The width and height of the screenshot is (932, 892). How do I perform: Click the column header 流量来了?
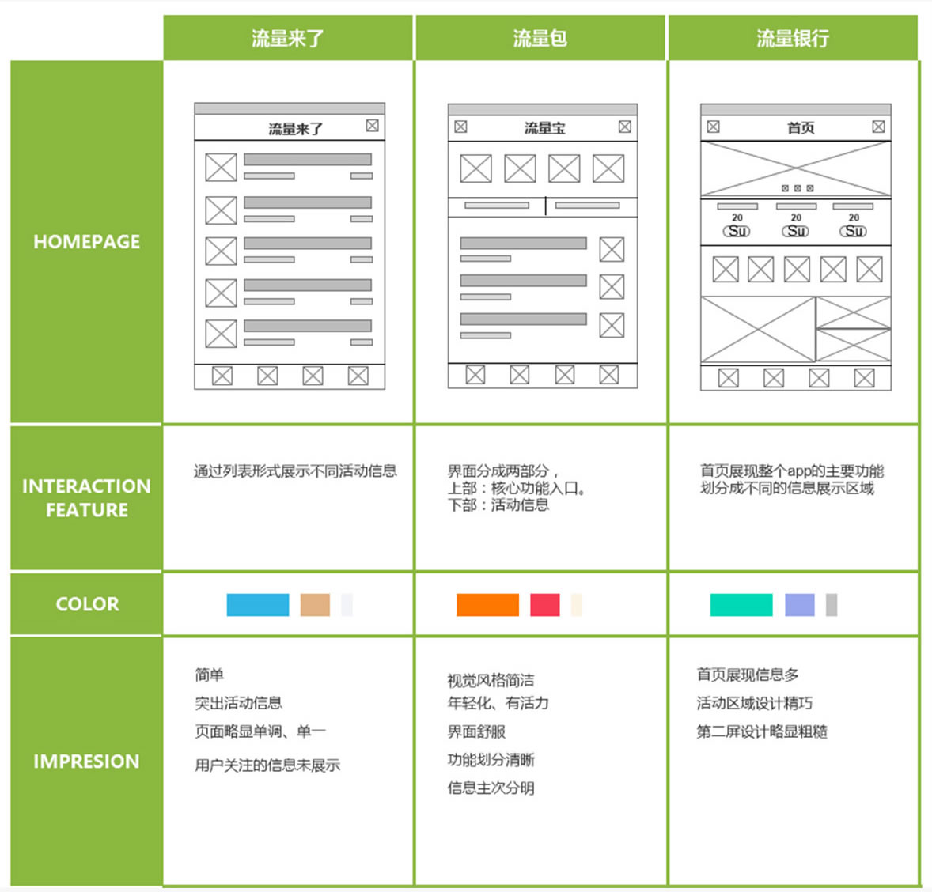click(288, 38)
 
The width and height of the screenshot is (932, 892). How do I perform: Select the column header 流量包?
click(540, 38)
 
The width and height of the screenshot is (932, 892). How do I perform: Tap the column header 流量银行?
click(793, 38)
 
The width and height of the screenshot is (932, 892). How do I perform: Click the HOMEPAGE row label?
click(86, 242)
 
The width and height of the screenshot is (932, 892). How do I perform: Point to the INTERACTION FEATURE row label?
click(86, 498)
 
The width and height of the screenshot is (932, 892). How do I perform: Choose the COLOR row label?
click(87, 604)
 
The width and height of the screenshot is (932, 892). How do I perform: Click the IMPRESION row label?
click(86, 762)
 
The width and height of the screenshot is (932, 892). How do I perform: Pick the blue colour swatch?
click(258, 605)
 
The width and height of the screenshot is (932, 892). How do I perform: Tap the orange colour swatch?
click(487, 605)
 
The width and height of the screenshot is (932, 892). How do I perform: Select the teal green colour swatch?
click(741, 605)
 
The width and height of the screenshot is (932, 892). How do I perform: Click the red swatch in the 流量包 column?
click(545, 605)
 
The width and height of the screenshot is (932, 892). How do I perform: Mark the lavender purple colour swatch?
click(799, 605)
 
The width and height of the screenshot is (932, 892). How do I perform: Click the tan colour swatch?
click(315, 605)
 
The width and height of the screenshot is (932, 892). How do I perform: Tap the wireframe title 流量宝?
click(544, 128)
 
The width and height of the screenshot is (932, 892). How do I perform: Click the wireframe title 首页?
click(800, 128)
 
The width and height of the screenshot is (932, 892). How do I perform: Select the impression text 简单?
click(210, 675)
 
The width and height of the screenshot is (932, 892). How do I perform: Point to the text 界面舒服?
click(476, 731)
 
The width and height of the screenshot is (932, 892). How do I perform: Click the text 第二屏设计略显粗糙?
click(762, 731)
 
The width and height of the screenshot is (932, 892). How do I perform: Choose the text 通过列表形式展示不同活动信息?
click(295, 471)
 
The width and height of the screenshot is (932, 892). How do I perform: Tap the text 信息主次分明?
click(491, 788)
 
